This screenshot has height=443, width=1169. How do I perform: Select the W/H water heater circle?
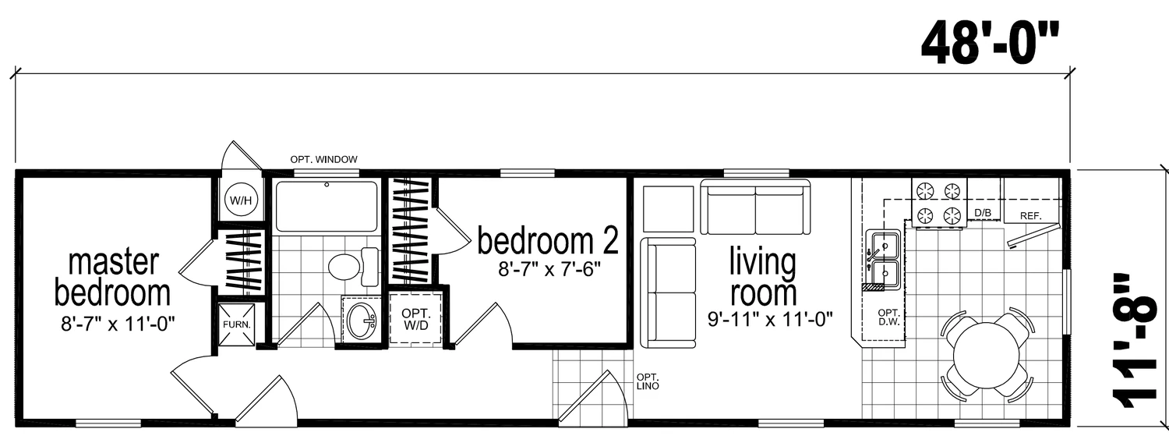[241, 200]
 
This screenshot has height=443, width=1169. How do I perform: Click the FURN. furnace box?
[236, 324]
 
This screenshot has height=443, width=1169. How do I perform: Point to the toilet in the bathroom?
[354, 267]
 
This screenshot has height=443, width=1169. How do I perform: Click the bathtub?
[327, 207]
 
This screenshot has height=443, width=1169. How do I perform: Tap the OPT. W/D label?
[415, 320]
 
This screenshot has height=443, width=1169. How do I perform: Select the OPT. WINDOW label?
[323, 159]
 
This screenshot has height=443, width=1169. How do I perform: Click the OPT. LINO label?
[648, 382]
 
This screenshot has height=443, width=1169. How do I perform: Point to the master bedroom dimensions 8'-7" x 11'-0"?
[118, 324]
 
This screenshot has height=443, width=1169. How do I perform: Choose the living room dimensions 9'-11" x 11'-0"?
[770, 319]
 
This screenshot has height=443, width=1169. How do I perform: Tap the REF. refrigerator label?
[1031, 216]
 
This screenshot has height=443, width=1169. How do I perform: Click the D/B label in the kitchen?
[983, 213]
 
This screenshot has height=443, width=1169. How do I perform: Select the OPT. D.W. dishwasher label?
[888, 317]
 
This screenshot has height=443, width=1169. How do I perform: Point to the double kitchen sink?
[882, 260]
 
